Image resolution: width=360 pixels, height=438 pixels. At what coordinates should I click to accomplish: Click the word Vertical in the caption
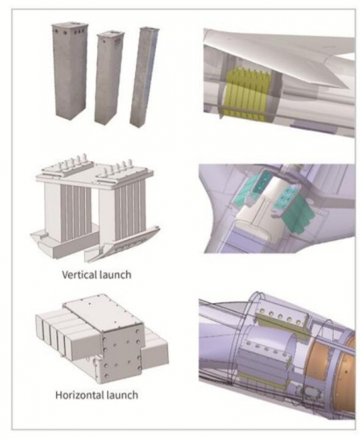(79, 274)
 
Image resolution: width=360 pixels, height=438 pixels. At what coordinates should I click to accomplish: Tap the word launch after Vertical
(115, 274)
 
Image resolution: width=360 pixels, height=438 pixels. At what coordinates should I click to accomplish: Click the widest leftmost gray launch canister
(69, 70)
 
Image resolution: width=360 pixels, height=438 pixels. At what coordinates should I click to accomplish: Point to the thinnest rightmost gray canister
(144, 77)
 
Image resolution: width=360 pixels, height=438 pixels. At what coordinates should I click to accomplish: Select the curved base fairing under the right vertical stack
(123, 245)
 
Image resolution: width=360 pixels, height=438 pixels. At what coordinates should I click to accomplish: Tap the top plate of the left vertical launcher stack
(67, 170)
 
